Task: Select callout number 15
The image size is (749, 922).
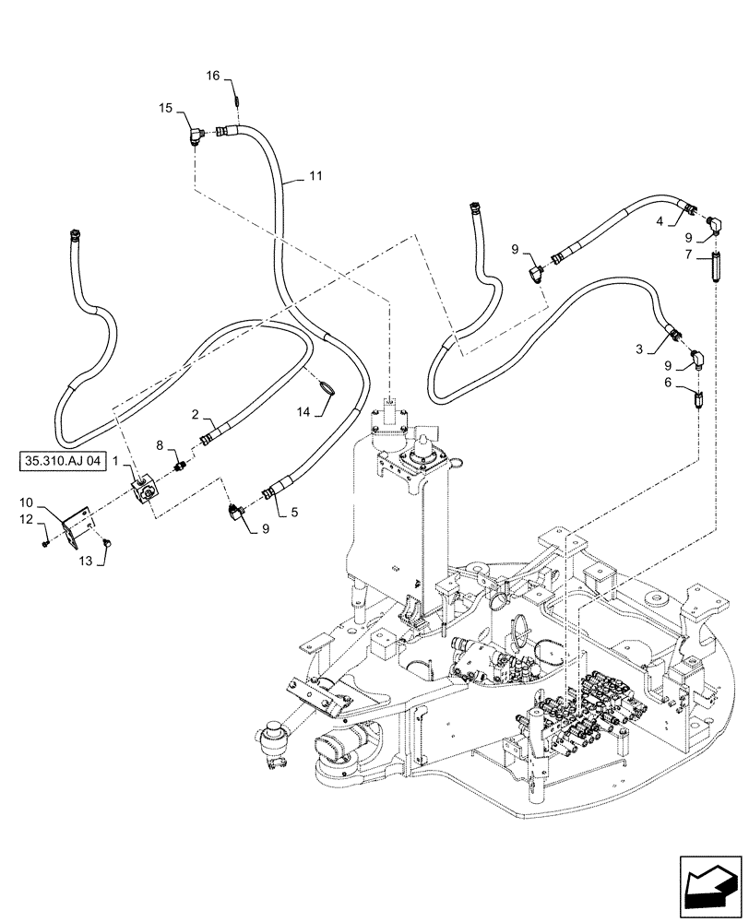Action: (166, 109)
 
